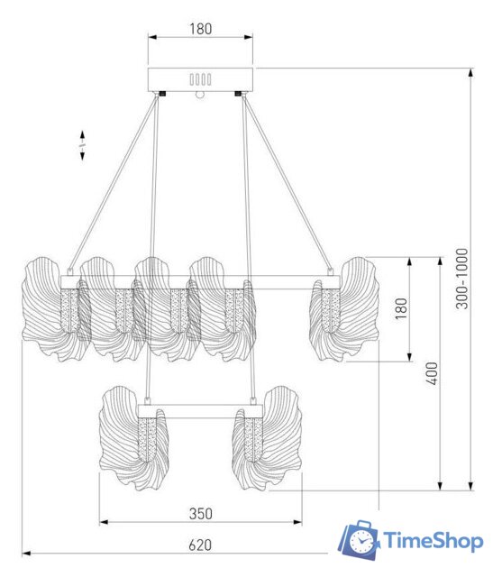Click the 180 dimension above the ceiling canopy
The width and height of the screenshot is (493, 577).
point(200,28)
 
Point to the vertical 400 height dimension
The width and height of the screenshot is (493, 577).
point(433,373)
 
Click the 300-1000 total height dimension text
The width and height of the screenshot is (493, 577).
point(461,279)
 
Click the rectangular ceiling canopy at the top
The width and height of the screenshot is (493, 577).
point(200,79)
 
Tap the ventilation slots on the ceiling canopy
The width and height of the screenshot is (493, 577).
point(200,79)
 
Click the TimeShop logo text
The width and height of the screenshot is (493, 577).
point(434,541)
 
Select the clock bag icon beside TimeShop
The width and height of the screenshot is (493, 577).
point(360,540)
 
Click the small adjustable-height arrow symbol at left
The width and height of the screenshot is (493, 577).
point(82,146)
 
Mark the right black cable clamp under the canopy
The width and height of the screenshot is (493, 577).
point(239,94)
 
